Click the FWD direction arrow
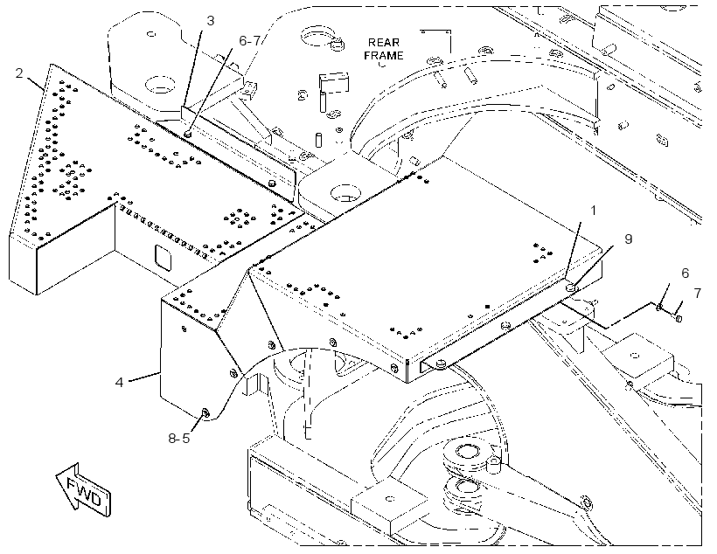coord(83,490)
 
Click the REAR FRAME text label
coord(384,49)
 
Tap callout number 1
coord(593,211)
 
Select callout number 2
coord(18,73)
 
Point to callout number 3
coord(210,21)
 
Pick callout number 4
coord(119,382)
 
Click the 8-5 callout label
coord(178,439)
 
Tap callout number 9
coord(629,239)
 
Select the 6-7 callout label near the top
coord(250,41)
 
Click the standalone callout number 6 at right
coord(685,274)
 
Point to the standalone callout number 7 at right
coord(698,293)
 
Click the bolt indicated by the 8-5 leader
coord(205,413)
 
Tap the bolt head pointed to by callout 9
coord(571,287)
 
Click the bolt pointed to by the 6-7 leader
coord(187,134)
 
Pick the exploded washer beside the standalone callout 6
coord(659,308)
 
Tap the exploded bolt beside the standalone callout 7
coord(679,318)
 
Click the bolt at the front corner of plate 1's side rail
coord(441,364)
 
